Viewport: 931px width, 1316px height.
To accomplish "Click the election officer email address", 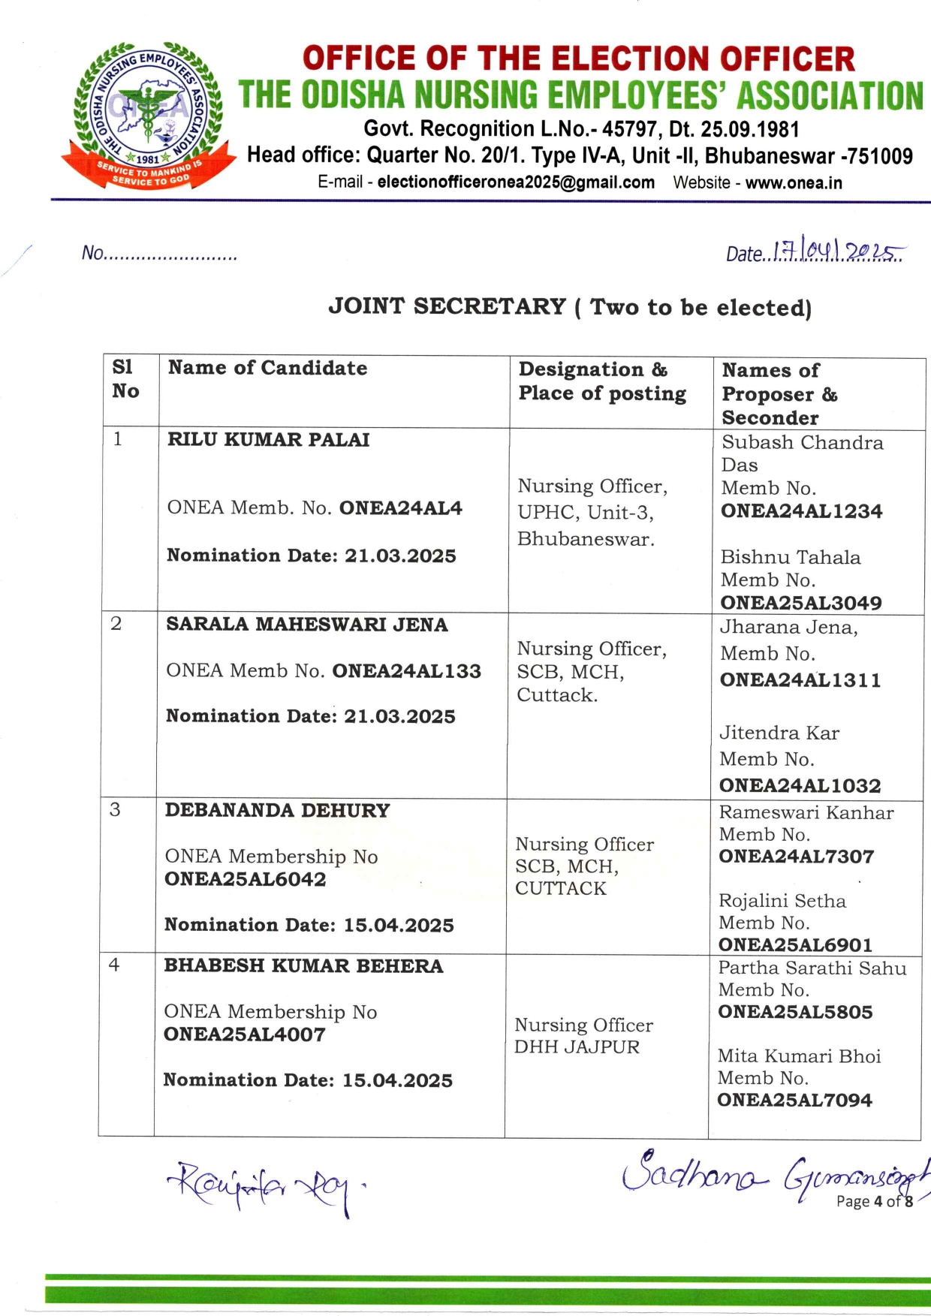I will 516,182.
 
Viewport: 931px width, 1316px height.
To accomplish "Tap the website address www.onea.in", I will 794,182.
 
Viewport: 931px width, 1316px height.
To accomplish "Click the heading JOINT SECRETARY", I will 447,306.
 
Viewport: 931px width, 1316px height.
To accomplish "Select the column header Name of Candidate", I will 267,368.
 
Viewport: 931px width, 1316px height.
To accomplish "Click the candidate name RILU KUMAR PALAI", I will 268,440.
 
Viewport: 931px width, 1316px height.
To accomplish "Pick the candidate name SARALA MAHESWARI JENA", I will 307,625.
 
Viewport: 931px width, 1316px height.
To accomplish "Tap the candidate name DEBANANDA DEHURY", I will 277,811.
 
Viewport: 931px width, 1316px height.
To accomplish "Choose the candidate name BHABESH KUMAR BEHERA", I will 303,966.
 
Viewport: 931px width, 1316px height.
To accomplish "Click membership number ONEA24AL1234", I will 801,511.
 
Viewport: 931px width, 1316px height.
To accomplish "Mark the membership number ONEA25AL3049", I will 801,603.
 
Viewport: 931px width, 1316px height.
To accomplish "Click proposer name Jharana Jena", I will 788,628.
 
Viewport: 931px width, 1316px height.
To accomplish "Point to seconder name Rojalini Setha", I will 782,901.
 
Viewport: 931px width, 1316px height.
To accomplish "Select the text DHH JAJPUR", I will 577,1047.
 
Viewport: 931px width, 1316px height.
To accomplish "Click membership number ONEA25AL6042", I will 246,879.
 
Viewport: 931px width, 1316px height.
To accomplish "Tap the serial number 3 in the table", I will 115,809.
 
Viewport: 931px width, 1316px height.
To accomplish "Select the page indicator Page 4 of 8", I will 874,1201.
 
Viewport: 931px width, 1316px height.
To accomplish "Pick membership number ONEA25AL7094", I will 794,1101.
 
